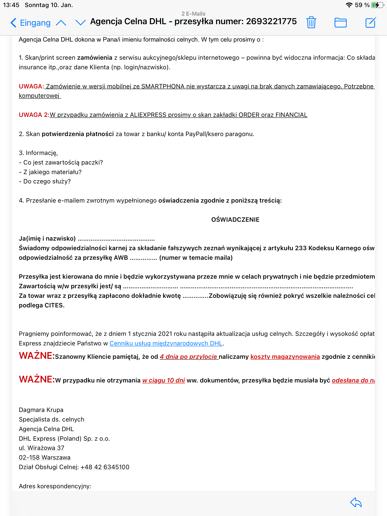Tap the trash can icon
point(311,22)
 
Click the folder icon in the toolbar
point(340,22)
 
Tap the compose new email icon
point(370,22)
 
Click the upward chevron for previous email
point(61,23)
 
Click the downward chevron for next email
point(81,23)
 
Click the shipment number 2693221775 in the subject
point(271,21)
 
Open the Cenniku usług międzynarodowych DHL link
point(166,343)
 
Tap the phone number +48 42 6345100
point(105,467)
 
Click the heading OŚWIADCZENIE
point(235,220)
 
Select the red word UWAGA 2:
point(34,115)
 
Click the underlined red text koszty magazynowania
point(285,357)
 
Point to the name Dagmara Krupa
point(41,410)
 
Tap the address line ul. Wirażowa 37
point(42,448)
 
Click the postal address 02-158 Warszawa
point(45,458)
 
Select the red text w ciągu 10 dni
point(164,380)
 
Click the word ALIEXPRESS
point(148,115)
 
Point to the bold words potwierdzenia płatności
point(78,134)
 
